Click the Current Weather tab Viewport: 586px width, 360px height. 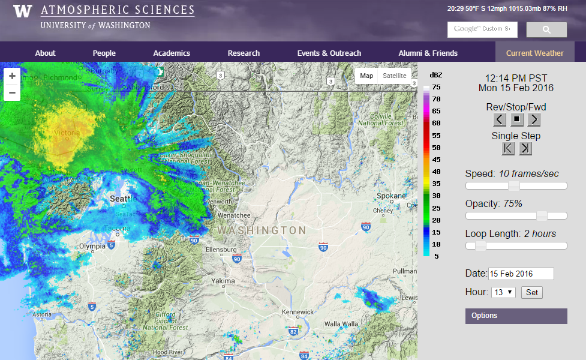point(534,53)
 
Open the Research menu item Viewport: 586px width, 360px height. point(244,53)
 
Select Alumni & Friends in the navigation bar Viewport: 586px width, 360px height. point(428,53)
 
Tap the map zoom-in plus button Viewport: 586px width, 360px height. point(12,76)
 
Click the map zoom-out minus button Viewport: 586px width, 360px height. point(12,92)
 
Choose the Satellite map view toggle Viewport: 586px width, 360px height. point(394,76)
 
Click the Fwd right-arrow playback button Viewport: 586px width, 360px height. point(534,119)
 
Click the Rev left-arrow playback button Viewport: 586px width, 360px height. point(500,119)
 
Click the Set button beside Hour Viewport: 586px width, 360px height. point(531,292)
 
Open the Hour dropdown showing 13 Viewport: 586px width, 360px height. point(503,292)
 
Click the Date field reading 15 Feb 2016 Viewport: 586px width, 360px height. point(521,274)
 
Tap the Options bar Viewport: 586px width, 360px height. point(516,316)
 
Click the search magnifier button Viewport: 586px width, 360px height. point(546,29)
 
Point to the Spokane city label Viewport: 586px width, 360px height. point(391,196)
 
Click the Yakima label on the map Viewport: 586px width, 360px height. point(223,281)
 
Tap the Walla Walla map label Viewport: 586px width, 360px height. point(341,324)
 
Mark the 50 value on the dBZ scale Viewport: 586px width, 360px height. point(436,148)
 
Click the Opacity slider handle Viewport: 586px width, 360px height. point(542,216)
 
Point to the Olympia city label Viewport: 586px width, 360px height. point(92,246)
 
